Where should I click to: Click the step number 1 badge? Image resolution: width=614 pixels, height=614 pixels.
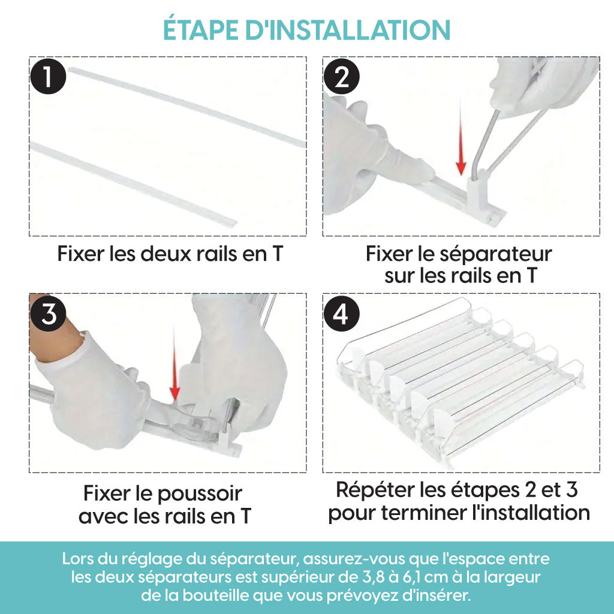point(48,76)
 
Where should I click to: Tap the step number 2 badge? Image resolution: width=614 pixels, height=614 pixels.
point(342,76)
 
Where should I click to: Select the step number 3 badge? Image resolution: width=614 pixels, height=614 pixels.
point(48,314)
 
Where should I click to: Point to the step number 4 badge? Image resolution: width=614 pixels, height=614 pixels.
point(342,314)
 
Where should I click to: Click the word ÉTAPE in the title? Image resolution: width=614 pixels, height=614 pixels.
point(200,29)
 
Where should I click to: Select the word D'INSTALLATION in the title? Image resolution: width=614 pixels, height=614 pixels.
point(348,30)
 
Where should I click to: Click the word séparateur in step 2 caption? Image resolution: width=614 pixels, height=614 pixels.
point(496,255)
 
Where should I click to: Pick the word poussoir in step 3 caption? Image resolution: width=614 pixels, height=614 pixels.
point(200,495)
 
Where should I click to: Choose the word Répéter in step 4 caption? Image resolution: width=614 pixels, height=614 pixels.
point(375,491)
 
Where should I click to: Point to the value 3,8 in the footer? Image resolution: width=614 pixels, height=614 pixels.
point(371,577)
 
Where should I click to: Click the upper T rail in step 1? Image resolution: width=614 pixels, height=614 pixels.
point(187,107)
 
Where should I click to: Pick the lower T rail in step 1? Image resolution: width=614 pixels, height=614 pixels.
point(133,184)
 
